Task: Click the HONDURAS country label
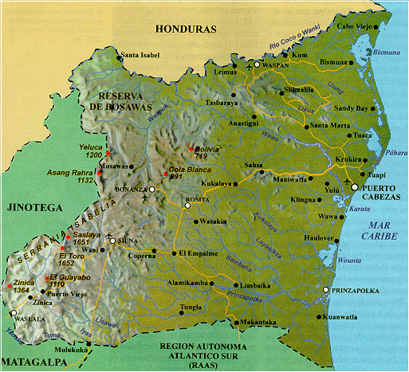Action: [x=186, y=29]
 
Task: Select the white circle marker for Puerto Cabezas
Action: [x=354, y=186]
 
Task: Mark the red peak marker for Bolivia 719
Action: [x=191, y=149]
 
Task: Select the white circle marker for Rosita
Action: [x=187, y=205]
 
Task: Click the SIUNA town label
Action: [x=132, y=240]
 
